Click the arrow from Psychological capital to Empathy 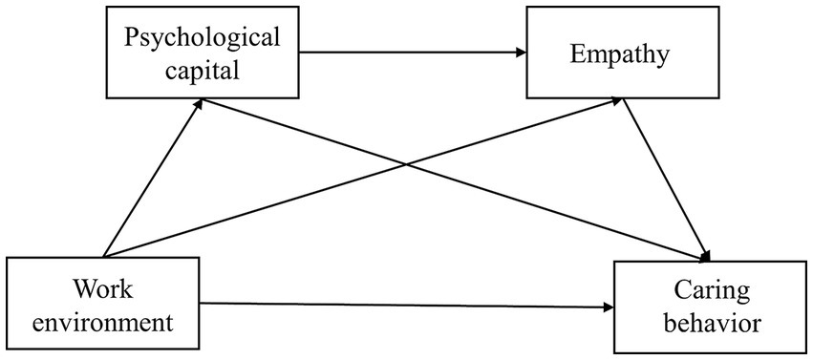[411, 54]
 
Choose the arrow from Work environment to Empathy [287, 200]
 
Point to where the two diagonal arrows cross [405, 164]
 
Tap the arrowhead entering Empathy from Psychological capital [520, 54]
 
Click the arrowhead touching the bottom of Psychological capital [199, 102]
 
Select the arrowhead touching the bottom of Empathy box [622, 102]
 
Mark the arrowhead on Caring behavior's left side [608, 307]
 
